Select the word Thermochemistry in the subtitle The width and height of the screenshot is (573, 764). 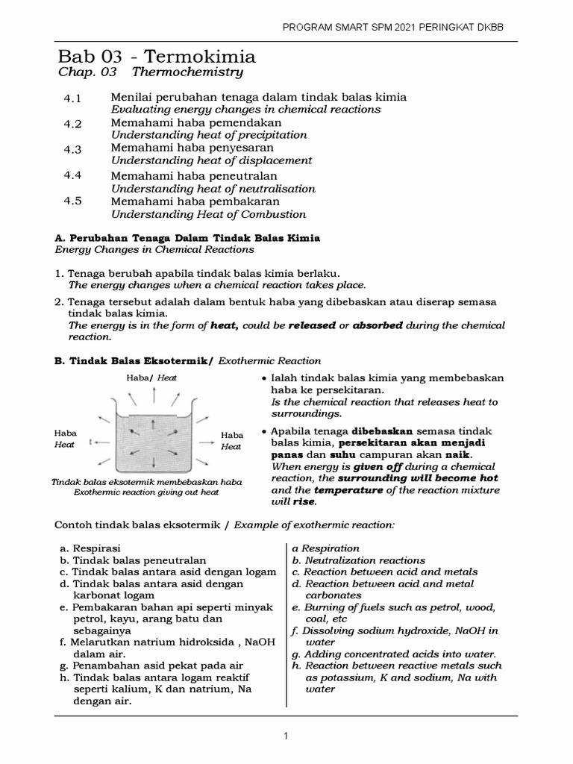click(187, 73)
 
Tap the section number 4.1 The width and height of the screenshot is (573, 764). click(72, 98)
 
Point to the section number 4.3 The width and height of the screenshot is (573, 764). click(72, 149)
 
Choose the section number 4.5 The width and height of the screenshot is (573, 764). click(72, 201)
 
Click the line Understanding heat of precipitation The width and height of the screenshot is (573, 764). click(209, 135)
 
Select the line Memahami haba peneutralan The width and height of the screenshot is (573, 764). click(194, 176)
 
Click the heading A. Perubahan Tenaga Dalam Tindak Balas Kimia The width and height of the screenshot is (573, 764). click(188, 238)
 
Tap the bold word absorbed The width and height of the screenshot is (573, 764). click(378, 326)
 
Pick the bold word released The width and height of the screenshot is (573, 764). click(312, 326)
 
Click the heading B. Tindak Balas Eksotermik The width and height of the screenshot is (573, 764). click(134, 361)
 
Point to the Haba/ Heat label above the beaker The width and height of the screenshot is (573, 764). click(151, 378)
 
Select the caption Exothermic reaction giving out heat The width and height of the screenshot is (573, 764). click(146, 492)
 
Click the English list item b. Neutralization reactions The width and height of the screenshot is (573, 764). click(359, 560)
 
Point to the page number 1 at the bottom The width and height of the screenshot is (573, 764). click(285, 736)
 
